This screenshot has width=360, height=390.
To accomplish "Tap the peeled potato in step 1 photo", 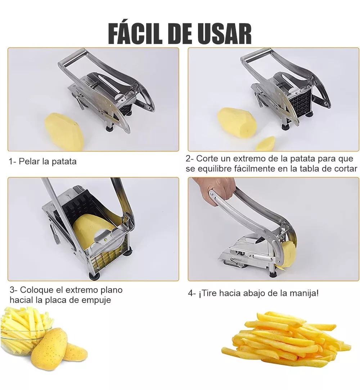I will (x=64, y=131).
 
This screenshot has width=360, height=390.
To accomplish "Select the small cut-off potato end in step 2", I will (x=266, y=143).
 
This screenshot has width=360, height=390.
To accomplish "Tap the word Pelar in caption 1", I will (x=29, y=161).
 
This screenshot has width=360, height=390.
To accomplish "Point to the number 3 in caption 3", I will (x=12, y=290).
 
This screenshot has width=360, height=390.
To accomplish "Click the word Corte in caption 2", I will (x=208, y=158).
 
